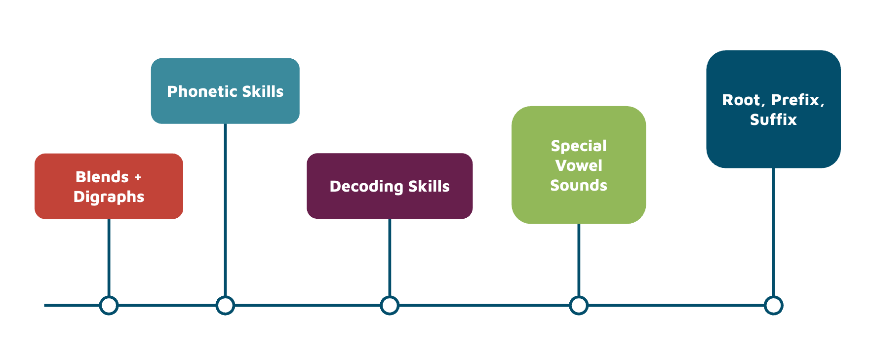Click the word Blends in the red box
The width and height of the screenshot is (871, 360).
tap(102, 177)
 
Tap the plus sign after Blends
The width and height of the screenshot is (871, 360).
tap(138, 177)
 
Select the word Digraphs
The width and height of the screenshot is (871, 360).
tap(109, 197)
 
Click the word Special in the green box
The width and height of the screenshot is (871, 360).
tap(579, 146)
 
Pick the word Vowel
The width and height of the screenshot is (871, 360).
tap(579, 165)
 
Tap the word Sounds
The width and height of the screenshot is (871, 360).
tap(579, 185)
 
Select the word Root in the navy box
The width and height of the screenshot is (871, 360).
tap(741, 100)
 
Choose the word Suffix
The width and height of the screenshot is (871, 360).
tap(773, 120)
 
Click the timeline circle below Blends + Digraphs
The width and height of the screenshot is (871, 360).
tap(109, 305)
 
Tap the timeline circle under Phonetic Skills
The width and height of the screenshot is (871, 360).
tap(225, 305)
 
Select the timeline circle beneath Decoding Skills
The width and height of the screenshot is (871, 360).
tap(390, 305)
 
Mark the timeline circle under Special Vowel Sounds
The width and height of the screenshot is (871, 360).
tap(579, 305)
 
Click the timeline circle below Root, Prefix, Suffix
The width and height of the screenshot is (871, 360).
tap(773, 305)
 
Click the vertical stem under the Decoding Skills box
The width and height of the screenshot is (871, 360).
tap(390, 257)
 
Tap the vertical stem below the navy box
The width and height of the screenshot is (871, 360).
tap(773, 232)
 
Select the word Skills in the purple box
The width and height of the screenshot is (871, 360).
tap(429, 186)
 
